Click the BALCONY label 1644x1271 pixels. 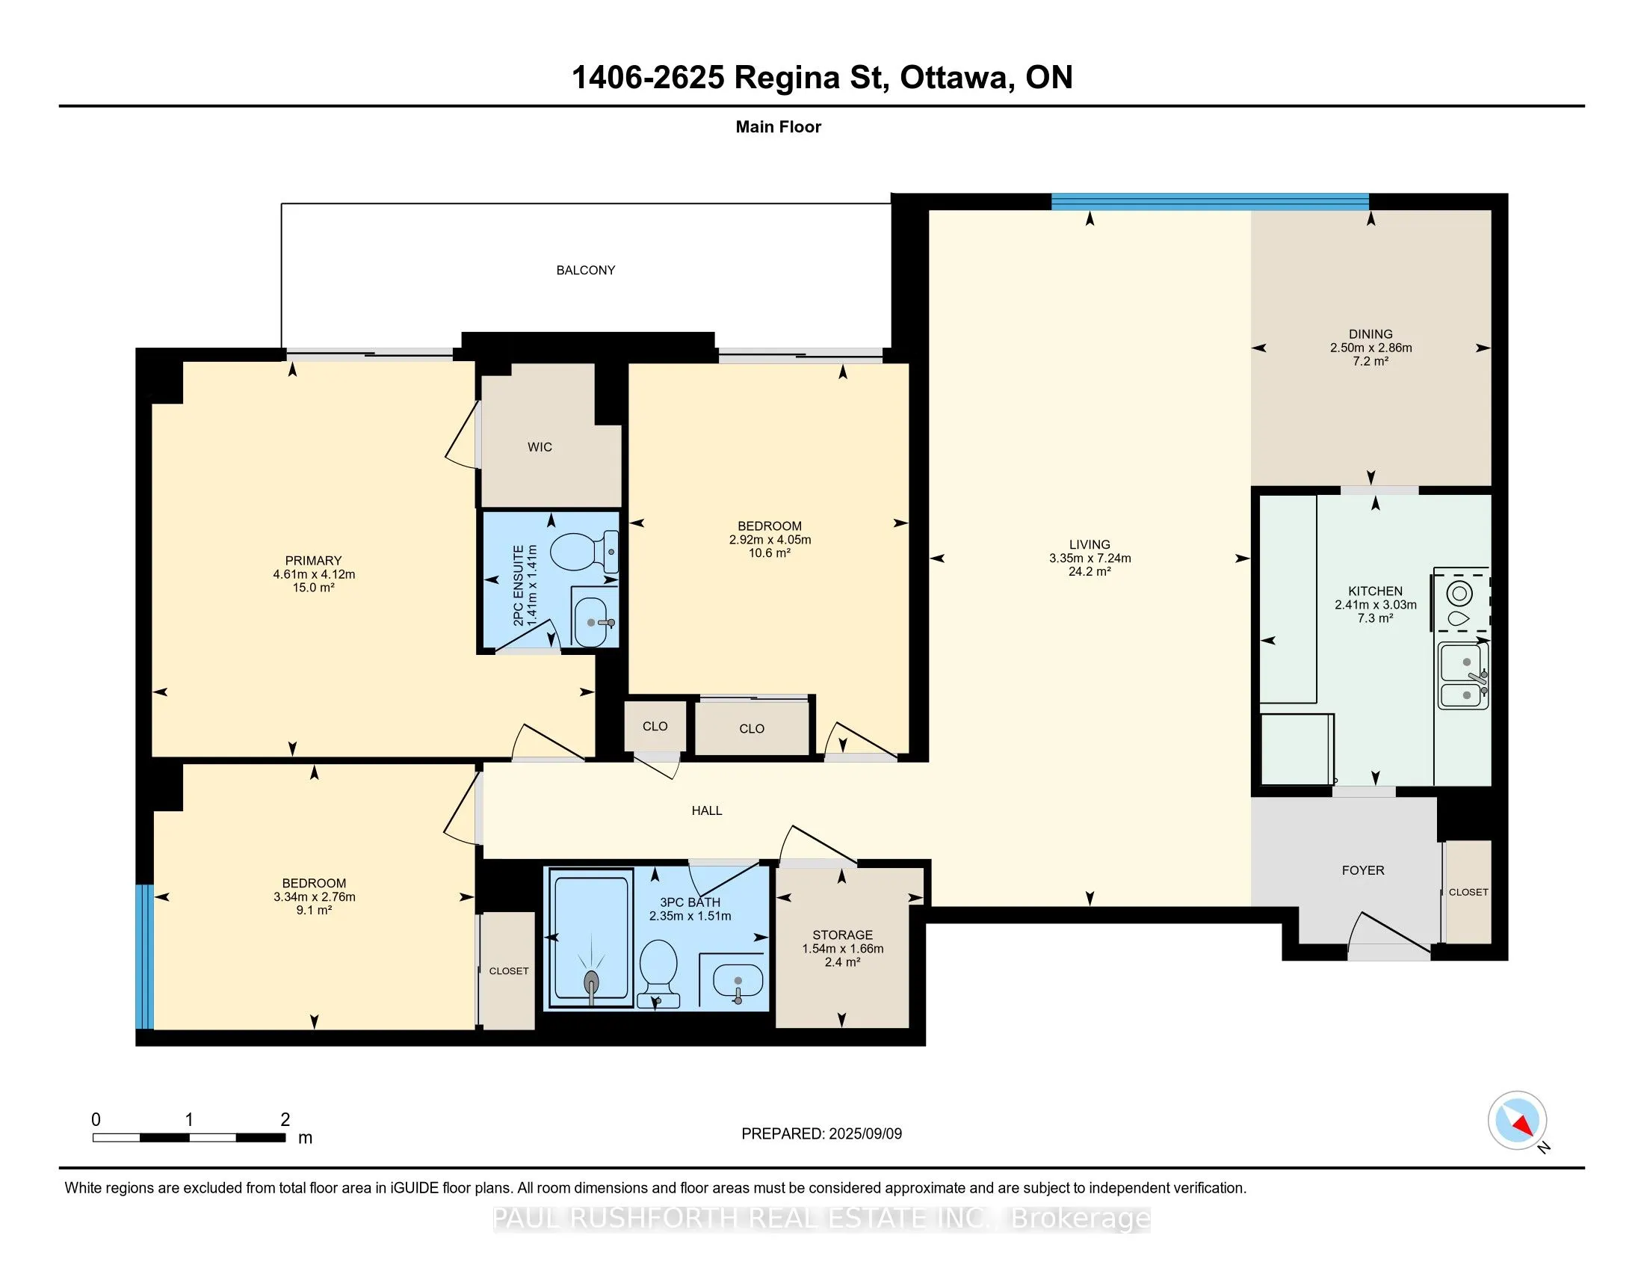[586, 271]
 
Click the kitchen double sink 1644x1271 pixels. [1463, 676]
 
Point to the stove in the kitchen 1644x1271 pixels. [1460, 603]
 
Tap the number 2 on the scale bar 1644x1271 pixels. [285, 1120]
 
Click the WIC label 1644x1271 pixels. [540, 447]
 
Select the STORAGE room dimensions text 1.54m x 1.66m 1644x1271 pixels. [842, 949]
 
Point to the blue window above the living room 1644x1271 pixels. [1209, 201]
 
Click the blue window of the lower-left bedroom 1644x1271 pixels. [144, 956]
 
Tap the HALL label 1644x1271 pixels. [707, 811]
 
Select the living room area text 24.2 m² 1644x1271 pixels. [1090, 571]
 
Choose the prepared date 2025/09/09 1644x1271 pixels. [864, 1134]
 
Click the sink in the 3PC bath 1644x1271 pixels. [738, 982]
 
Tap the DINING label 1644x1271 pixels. [1370, 334]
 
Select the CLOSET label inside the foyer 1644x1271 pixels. [1468, 892]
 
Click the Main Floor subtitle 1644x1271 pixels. [778, 127]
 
